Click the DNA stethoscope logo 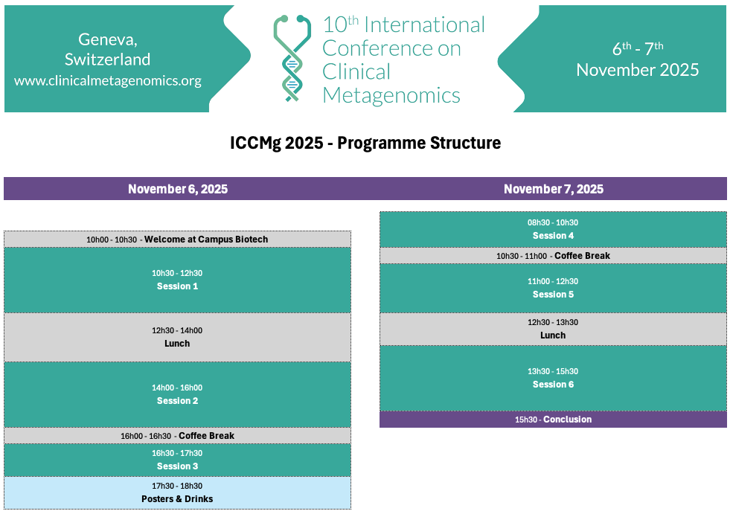pyautogui.click(x=292, y=59)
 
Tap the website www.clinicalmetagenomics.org pyautogui.click(x=108, y=80)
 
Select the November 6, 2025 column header pyautogui.click(x=178, y=189)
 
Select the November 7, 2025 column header pyautogui.click(x=554, y=189)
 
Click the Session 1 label pyautogui.click(x=177, y=286)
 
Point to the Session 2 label pyautogui.click(x=177, y=400)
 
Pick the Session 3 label pyautogui.click(x=177, y=466)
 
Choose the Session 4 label pyautogui.click(x=553, y=236)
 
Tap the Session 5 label pyautogui.click(x=553, y=295)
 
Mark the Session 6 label pyautogui.click(x=553, y=384)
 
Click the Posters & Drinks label pyautogui.click(x=177, y=498)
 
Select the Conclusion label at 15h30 pyautogui.click(x=568, y=419)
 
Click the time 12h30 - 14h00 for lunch pyautogui.click(x=177, y=330)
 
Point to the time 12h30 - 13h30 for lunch pyautogui.click(x=553, y=322)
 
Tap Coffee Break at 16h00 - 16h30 pyautogui.click(x=207, y=435)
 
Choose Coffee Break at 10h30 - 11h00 pyautogui.click(x=583, y=256)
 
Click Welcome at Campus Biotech pyautogui.click(x=206, y=240)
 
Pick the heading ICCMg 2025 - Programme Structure pyautogui.click(x=365, y=143)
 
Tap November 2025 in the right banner pyautogui.click(x=638, y=70)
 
